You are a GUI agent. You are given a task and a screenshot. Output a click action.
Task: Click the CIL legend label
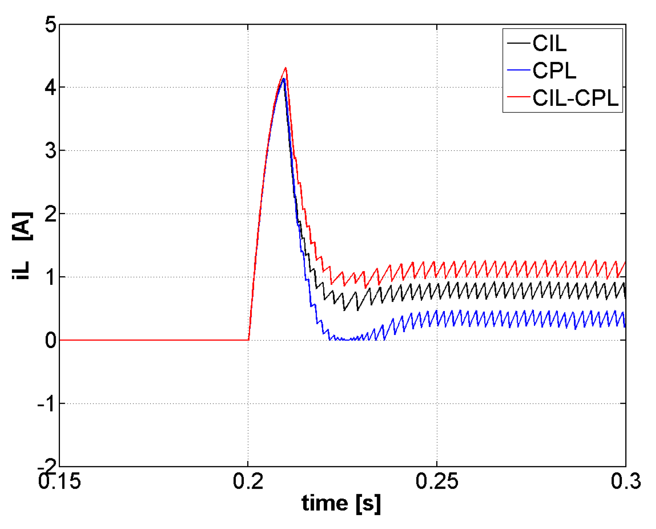(549, 43)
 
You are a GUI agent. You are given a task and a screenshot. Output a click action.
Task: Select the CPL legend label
(554, 70)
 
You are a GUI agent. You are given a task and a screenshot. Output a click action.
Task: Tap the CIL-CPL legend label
(575, 98)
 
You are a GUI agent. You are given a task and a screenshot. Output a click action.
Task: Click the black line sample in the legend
(519, 43)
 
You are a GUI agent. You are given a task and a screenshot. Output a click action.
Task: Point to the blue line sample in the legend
(519, 70)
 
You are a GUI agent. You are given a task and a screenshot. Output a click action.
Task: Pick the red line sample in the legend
(519, 98)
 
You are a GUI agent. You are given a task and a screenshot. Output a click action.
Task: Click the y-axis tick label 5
(50, 25)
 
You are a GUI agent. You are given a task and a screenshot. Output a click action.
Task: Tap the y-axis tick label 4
(50, 88)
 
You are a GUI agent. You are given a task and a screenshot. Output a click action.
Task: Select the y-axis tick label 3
(50, 151)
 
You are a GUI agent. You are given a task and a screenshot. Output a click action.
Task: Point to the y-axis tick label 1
(50, 277)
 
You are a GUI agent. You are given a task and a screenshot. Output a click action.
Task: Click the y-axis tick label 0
(50, 341)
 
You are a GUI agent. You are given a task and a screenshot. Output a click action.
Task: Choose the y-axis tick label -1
(46, 404)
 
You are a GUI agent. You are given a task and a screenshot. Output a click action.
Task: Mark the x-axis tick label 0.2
(248, 482)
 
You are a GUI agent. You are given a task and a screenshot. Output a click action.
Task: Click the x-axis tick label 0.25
(437, 482)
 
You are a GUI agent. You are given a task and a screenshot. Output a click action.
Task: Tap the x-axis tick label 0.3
(626, 482)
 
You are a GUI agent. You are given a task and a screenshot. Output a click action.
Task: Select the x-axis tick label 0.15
(60, 482)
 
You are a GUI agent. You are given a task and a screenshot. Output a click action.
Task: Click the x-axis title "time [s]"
(341, 503)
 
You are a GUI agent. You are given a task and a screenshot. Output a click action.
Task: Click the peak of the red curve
(286, 68)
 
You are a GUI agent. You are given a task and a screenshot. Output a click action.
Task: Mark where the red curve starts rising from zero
(249, 339)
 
